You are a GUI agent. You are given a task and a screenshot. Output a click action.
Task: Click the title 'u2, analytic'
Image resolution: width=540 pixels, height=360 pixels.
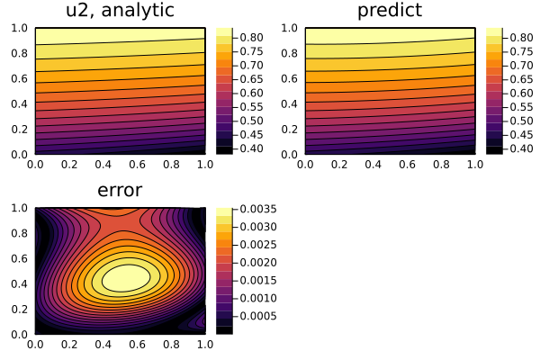coord(120,12)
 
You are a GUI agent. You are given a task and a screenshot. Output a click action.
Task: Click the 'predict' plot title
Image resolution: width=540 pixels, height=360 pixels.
coord(390,12)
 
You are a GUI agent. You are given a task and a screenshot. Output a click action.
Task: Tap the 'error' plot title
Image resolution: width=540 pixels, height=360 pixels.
coord(120,191)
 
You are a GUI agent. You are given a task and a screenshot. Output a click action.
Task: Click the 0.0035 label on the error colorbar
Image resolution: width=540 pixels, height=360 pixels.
coord(256,210)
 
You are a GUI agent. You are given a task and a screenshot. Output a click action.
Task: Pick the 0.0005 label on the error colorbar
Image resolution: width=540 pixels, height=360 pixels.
coord(256,316)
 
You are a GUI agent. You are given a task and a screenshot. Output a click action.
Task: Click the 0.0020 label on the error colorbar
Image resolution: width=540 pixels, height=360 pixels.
coord(256,263)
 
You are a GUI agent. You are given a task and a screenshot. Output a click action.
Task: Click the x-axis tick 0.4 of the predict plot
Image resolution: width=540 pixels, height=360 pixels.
coord(373,166)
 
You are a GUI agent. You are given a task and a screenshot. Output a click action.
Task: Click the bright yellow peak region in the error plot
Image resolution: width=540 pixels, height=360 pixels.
coord(128,277)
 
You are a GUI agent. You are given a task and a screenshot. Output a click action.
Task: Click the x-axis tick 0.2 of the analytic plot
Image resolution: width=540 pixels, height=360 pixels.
coord(69,166)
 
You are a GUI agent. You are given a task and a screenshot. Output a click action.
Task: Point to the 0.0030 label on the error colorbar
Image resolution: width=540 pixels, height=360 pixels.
coord(256,228)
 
